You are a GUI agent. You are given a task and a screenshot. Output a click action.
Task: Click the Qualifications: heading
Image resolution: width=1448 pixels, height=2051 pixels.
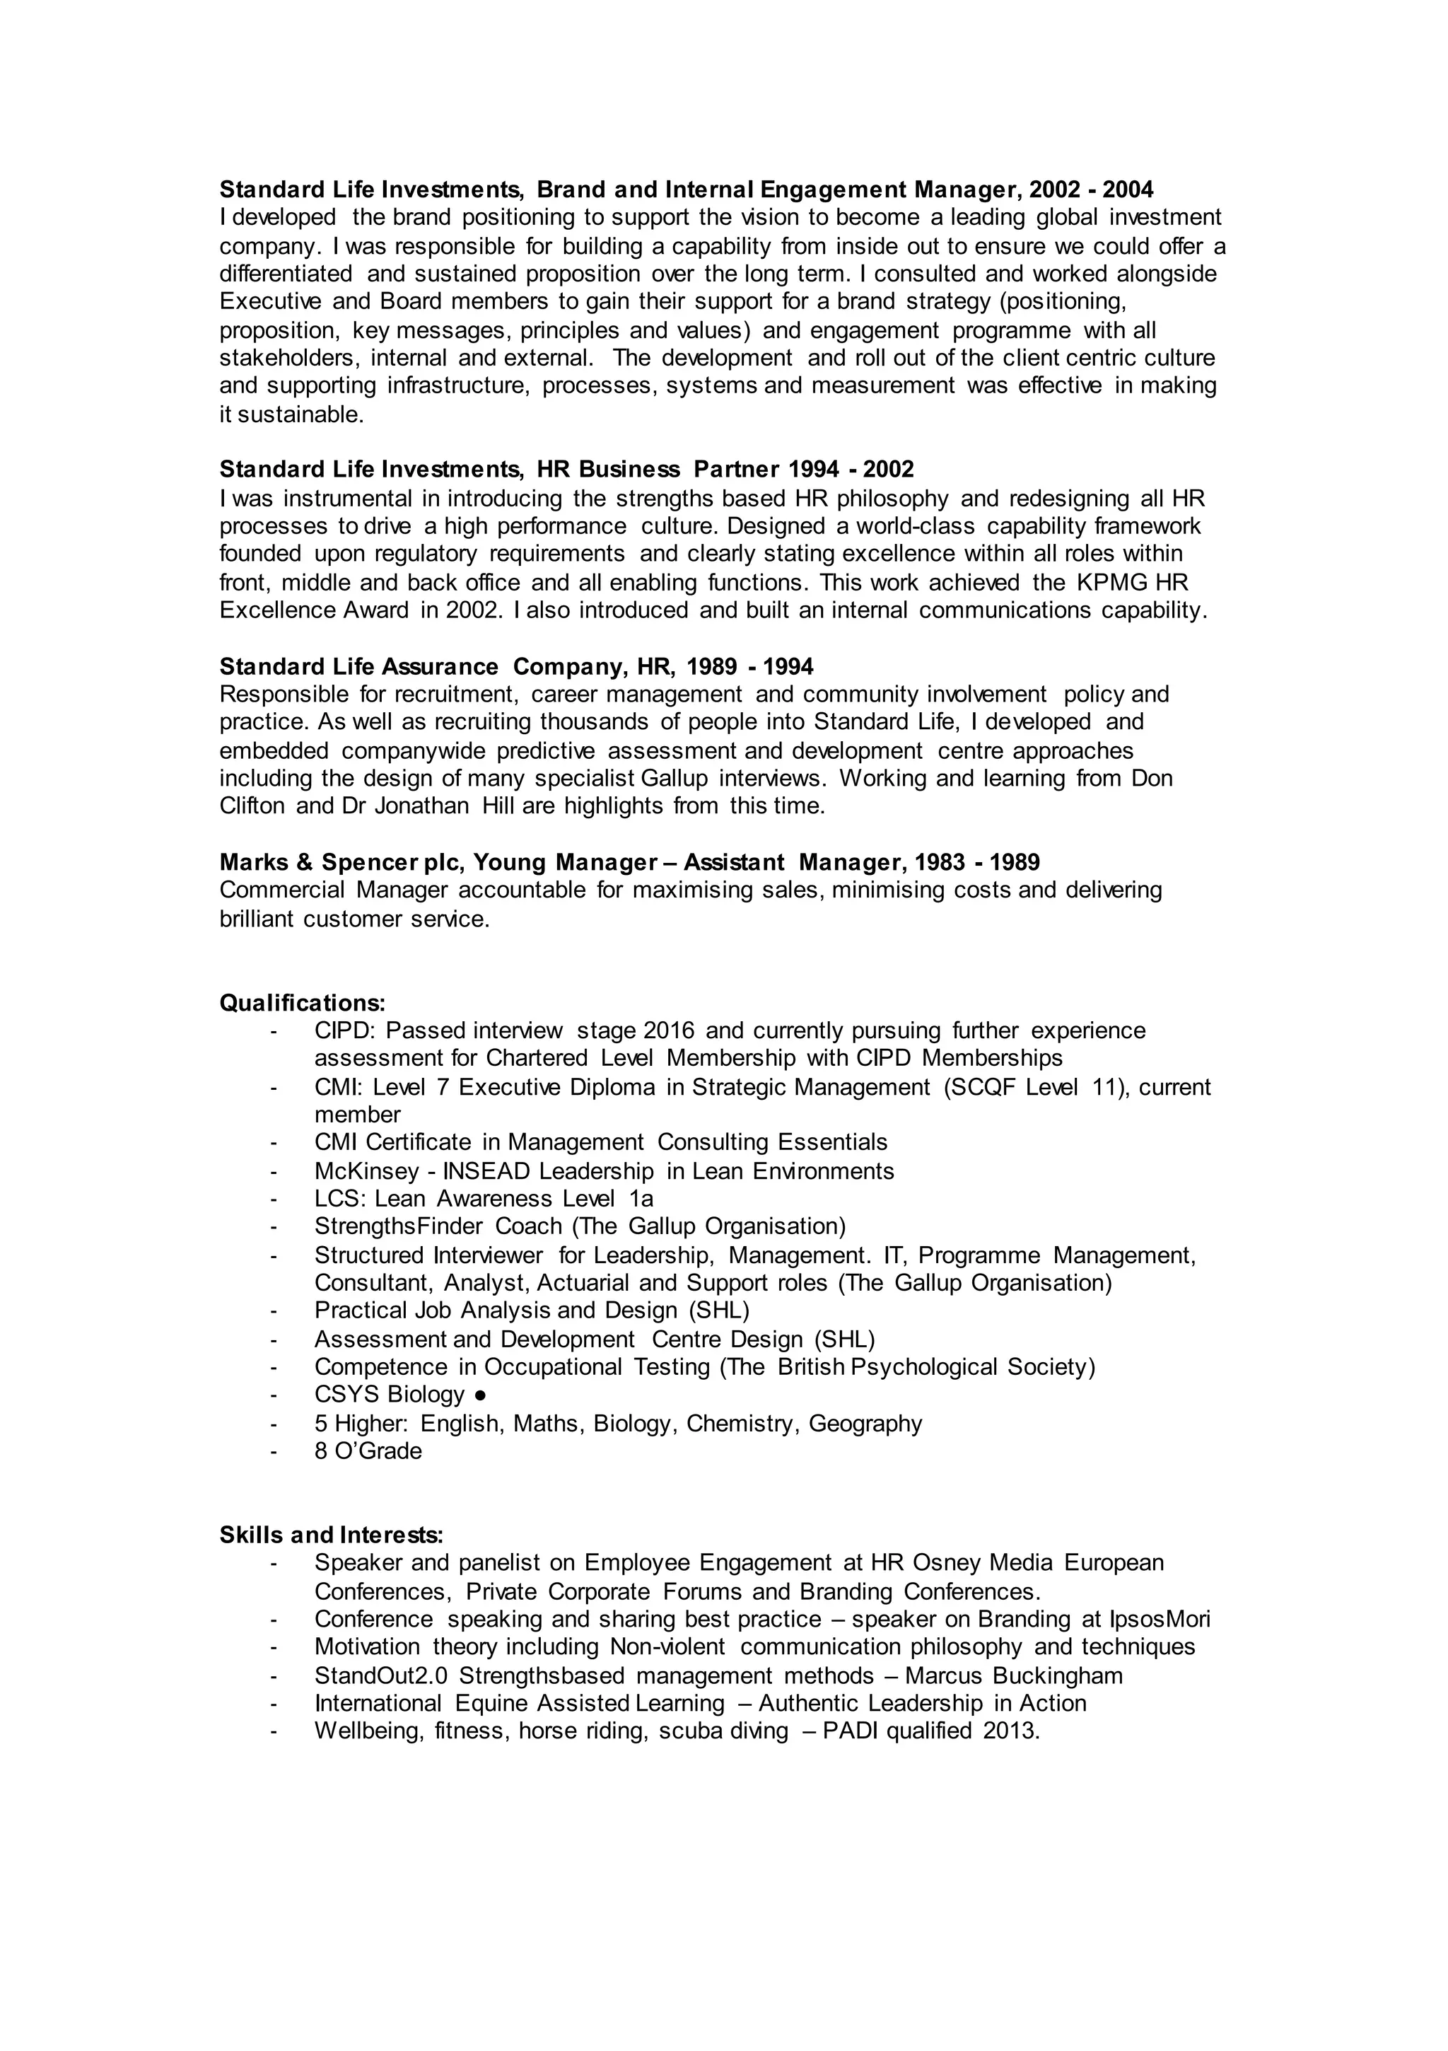click(x=303, y=1002)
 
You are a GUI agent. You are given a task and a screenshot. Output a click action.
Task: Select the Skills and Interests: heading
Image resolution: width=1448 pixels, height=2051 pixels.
click(x=332, y=1535)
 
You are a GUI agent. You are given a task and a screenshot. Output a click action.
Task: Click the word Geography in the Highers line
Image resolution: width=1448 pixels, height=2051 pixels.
click(x=865, y=1423)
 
